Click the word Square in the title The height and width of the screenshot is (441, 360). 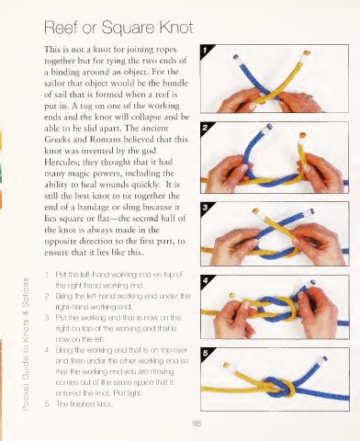click(129, 28)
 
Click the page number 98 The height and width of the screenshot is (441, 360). click(197, 424)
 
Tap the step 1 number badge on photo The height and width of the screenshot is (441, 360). click(206, 50)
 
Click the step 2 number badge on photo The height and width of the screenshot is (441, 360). click(206, 128)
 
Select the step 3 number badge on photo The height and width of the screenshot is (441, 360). click(206, 208)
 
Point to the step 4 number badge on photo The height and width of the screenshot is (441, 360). click(206, 280)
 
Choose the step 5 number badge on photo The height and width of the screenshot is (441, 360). click(206, 353)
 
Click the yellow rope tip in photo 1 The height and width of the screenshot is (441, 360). click(307, 53)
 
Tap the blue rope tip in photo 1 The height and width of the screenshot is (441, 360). click(235, 57)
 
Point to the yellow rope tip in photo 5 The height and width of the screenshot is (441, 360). click(226, 365)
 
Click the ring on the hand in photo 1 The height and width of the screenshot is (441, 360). click(309, 97)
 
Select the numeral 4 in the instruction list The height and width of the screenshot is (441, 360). click(47, 350)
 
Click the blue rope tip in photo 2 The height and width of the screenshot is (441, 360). click(269, 126)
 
